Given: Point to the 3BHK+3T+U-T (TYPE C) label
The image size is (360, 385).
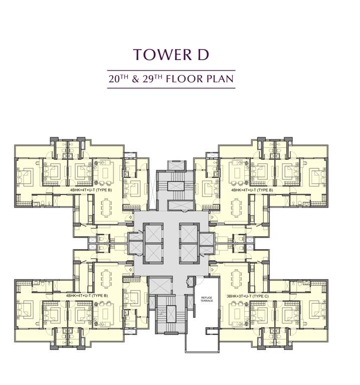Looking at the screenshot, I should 246,296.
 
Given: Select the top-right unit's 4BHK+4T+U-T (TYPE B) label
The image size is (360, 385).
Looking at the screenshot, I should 252,190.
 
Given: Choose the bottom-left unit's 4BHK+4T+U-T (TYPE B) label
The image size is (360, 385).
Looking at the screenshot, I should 87,296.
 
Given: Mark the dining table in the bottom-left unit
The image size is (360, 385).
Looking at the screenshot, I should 107,279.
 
